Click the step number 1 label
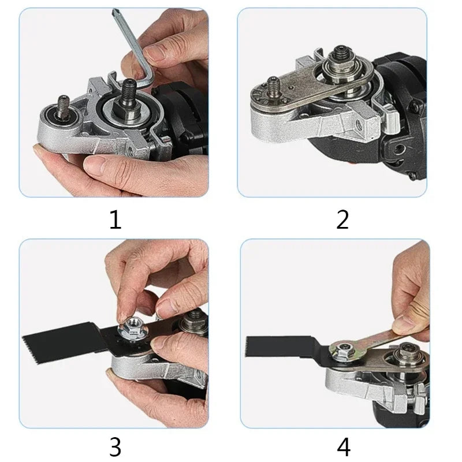click(x=115, y=219)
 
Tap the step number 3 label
click(x=115, y=446)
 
